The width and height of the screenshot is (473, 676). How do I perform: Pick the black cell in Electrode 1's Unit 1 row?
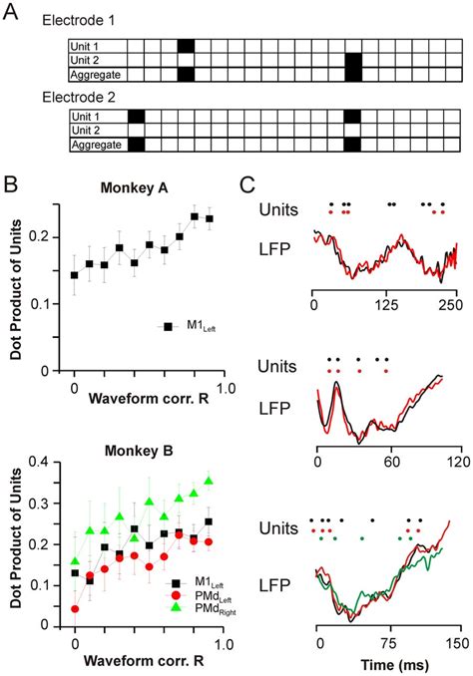click(186, 47)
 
